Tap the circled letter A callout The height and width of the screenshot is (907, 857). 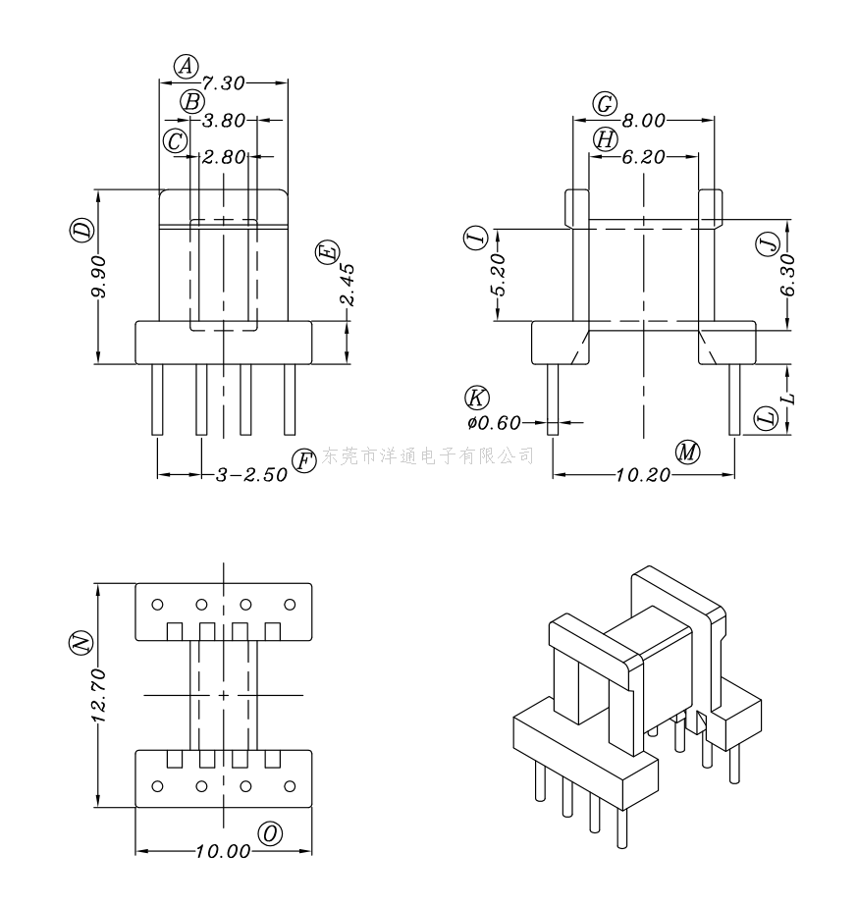click(x=187, y=66)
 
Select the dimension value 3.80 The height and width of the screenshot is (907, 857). click(x=223, y=122)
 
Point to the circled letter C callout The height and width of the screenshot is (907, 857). click(x=176, y=141)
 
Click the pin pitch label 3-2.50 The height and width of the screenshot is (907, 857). click(x=251, y=475)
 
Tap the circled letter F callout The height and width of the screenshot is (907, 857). click(x=305, y=459)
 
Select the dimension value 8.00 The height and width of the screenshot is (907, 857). click(x=644, y=122)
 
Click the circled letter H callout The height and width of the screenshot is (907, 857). click(x=605, y=140)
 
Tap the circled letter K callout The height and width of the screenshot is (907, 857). click(x=477, y=399)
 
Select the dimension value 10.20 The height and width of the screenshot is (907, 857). click(x=643, y=476)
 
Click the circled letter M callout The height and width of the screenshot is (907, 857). click(x=688, y=453)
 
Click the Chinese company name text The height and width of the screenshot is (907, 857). click(x=429, y=455)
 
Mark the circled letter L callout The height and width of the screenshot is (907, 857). click(x=766, y=420)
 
